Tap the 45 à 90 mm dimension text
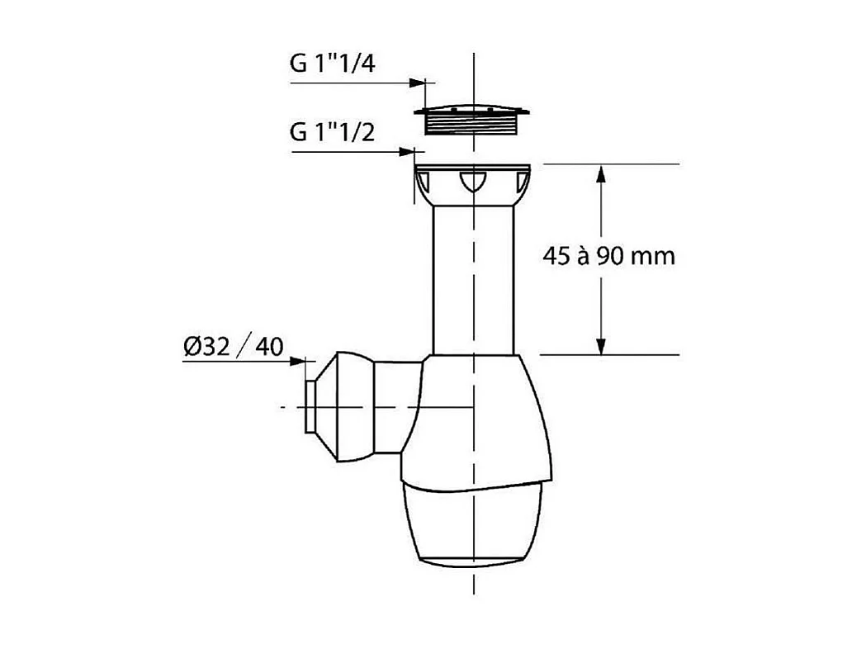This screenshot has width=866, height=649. coord(609,256)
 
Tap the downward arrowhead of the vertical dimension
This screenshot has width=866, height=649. coord(602,346)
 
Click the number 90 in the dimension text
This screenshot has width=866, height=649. coord(612,256)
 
